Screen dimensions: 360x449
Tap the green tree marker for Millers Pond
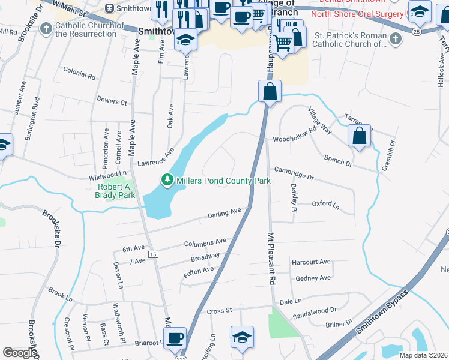(x=166, y=179)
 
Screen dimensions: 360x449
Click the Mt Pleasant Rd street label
(x=271, y=259)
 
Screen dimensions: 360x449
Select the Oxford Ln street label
(x=325, y=204)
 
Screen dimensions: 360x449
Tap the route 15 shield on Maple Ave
(x=153, y=255)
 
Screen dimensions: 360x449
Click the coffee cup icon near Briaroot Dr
(x=175, y=338)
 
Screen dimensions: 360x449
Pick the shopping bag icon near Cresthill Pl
(x=359, y=136)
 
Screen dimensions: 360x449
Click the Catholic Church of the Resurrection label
(x=86, y=30)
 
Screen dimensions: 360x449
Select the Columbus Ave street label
(x=205, y=242)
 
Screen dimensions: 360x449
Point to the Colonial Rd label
(x=79, y=76)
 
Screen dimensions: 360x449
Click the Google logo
(x=20, y=353)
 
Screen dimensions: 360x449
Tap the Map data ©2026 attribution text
(x=423, y=355)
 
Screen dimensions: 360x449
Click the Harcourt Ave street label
(x=311, y=262)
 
